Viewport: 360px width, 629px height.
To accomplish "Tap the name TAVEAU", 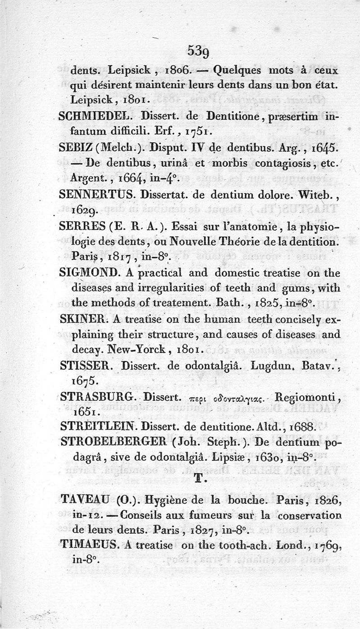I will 84,499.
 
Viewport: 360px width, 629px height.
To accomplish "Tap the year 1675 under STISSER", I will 84,381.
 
